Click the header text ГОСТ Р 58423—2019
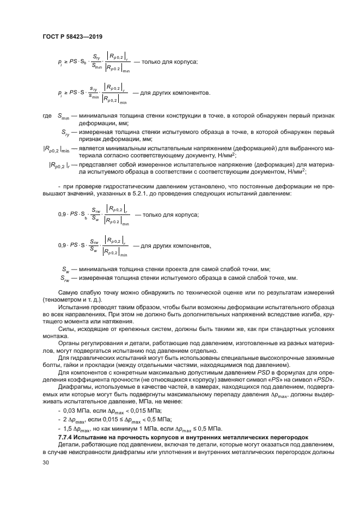72,36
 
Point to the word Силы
66,329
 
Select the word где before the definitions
47,116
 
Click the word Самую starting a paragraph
69,292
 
